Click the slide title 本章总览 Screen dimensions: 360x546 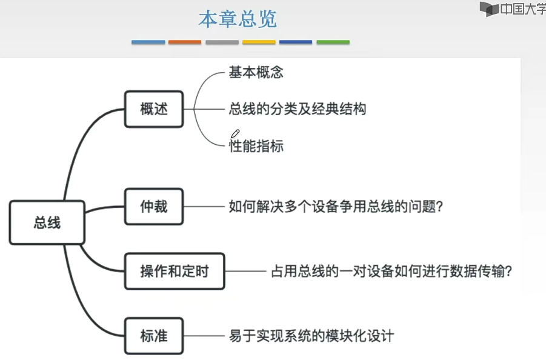pos(238,19)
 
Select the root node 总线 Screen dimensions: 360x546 pos(47,222)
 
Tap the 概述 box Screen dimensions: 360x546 pos(153,109)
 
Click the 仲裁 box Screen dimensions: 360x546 pos(153,207)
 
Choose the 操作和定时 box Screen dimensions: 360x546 pos(174,271)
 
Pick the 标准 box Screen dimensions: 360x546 pos(153,335)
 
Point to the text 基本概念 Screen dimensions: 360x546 pos(256,73)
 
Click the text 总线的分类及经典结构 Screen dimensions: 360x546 pos(297,109)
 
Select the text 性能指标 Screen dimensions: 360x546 pos(256,146)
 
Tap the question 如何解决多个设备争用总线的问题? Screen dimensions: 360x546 pos(335,207)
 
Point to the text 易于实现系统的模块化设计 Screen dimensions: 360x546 pos(311,335)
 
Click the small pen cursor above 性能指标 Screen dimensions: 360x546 pos(235,134)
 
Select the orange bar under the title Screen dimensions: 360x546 pos(185,42)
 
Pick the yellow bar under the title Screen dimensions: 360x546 pos(259,42)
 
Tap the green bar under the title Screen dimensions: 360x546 pos(333,42)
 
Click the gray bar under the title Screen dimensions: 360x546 pos(222,42)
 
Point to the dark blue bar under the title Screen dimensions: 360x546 pos(296,42)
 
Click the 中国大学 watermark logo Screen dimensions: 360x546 pos(513,9)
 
